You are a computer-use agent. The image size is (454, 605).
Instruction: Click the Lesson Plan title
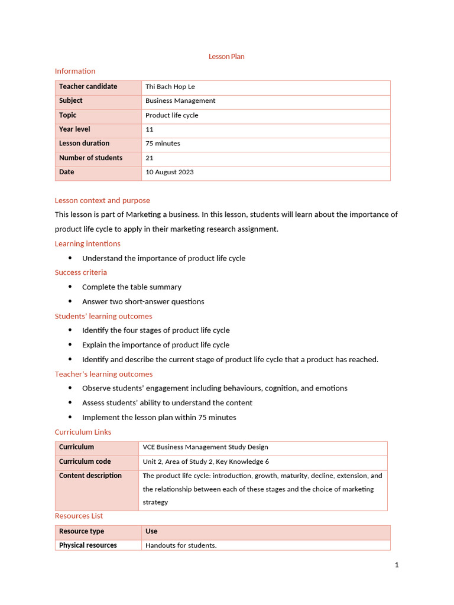click(226, 57)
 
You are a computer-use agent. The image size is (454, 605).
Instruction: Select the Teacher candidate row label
click(88, 87)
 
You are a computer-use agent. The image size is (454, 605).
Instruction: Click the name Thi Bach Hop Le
click(170, 87)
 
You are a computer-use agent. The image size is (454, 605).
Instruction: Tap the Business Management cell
click(180, 101)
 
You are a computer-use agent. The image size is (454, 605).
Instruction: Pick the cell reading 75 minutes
click(163, 144)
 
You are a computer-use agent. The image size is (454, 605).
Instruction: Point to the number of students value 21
click(150, 158)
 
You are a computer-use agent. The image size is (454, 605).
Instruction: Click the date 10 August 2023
click(170, 173)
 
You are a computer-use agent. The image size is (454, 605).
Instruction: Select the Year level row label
click(74, 129)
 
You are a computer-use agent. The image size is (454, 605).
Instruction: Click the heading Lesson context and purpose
click(102, 200)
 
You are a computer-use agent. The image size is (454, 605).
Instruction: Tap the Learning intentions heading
click(87, 243)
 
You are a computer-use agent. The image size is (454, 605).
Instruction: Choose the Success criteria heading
click(81, 272)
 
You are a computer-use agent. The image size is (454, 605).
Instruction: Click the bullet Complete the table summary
click(132, 287)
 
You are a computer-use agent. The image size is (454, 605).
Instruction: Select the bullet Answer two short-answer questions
click(143, 301)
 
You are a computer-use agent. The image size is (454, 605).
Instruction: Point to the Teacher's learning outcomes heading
click(103, 374)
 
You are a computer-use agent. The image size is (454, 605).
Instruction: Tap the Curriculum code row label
click(85, 461)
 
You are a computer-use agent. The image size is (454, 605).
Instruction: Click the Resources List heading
click(79, 516)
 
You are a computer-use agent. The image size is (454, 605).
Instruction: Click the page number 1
click(397, 565)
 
